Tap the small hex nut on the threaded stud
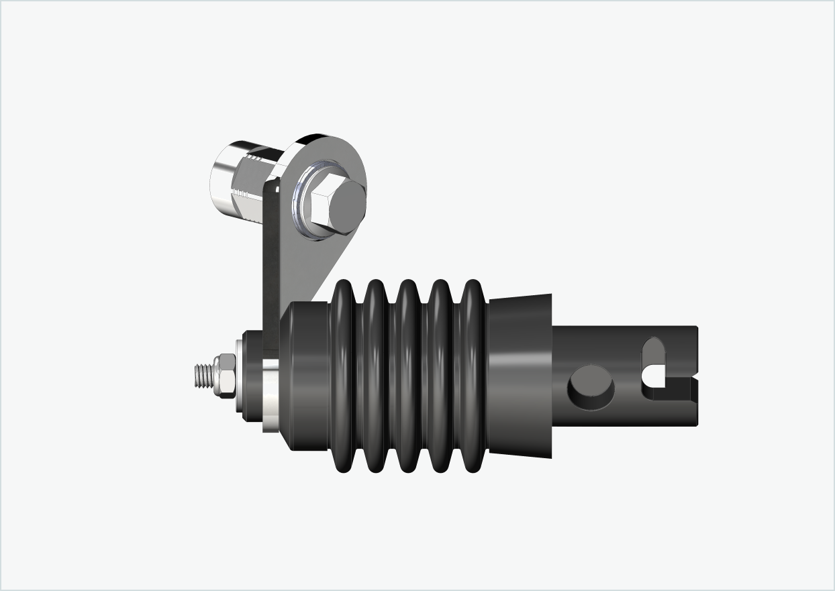(x=225, y=377)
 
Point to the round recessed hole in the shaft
(x=591, y=388)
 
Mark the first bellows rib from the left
(x=342, y=376)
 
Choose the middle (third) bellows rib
(x=407, y=376)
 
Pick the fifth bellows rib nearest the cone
(x=473, y=376)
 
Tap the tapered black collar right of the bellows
(x=520, y=376)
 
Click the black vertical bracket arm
(x=271, y=268)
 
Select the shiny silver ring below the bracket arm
(x=271, y=396)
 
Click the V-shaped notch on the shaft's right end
(x=693, y=387)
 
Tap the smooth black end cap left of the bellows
(x=305, y=376)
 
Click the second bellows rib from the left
(x=375, y=376)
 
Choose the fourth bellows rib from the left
(x=440, y=376)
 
